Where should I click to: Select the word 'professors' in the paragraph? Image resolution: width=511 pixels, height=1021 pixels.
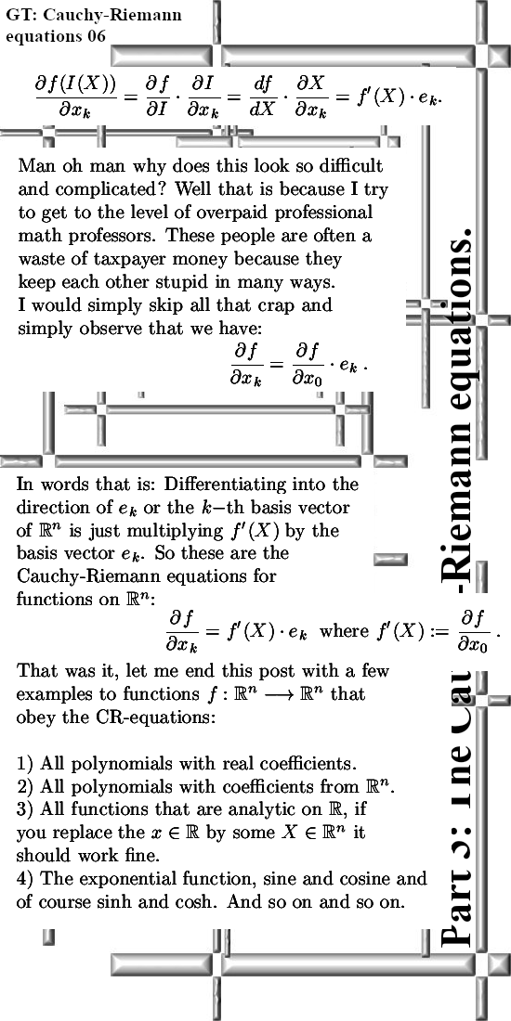tap(103, 235)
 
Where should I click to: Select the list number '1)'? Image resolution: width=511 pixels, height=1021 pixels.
tap(26, 765)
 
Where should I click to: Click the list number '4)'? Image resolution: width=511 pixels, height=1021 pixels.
tap(26, 878)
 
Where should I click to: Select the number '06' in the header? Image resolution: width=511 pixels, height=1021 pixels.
tap(96, 36)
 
